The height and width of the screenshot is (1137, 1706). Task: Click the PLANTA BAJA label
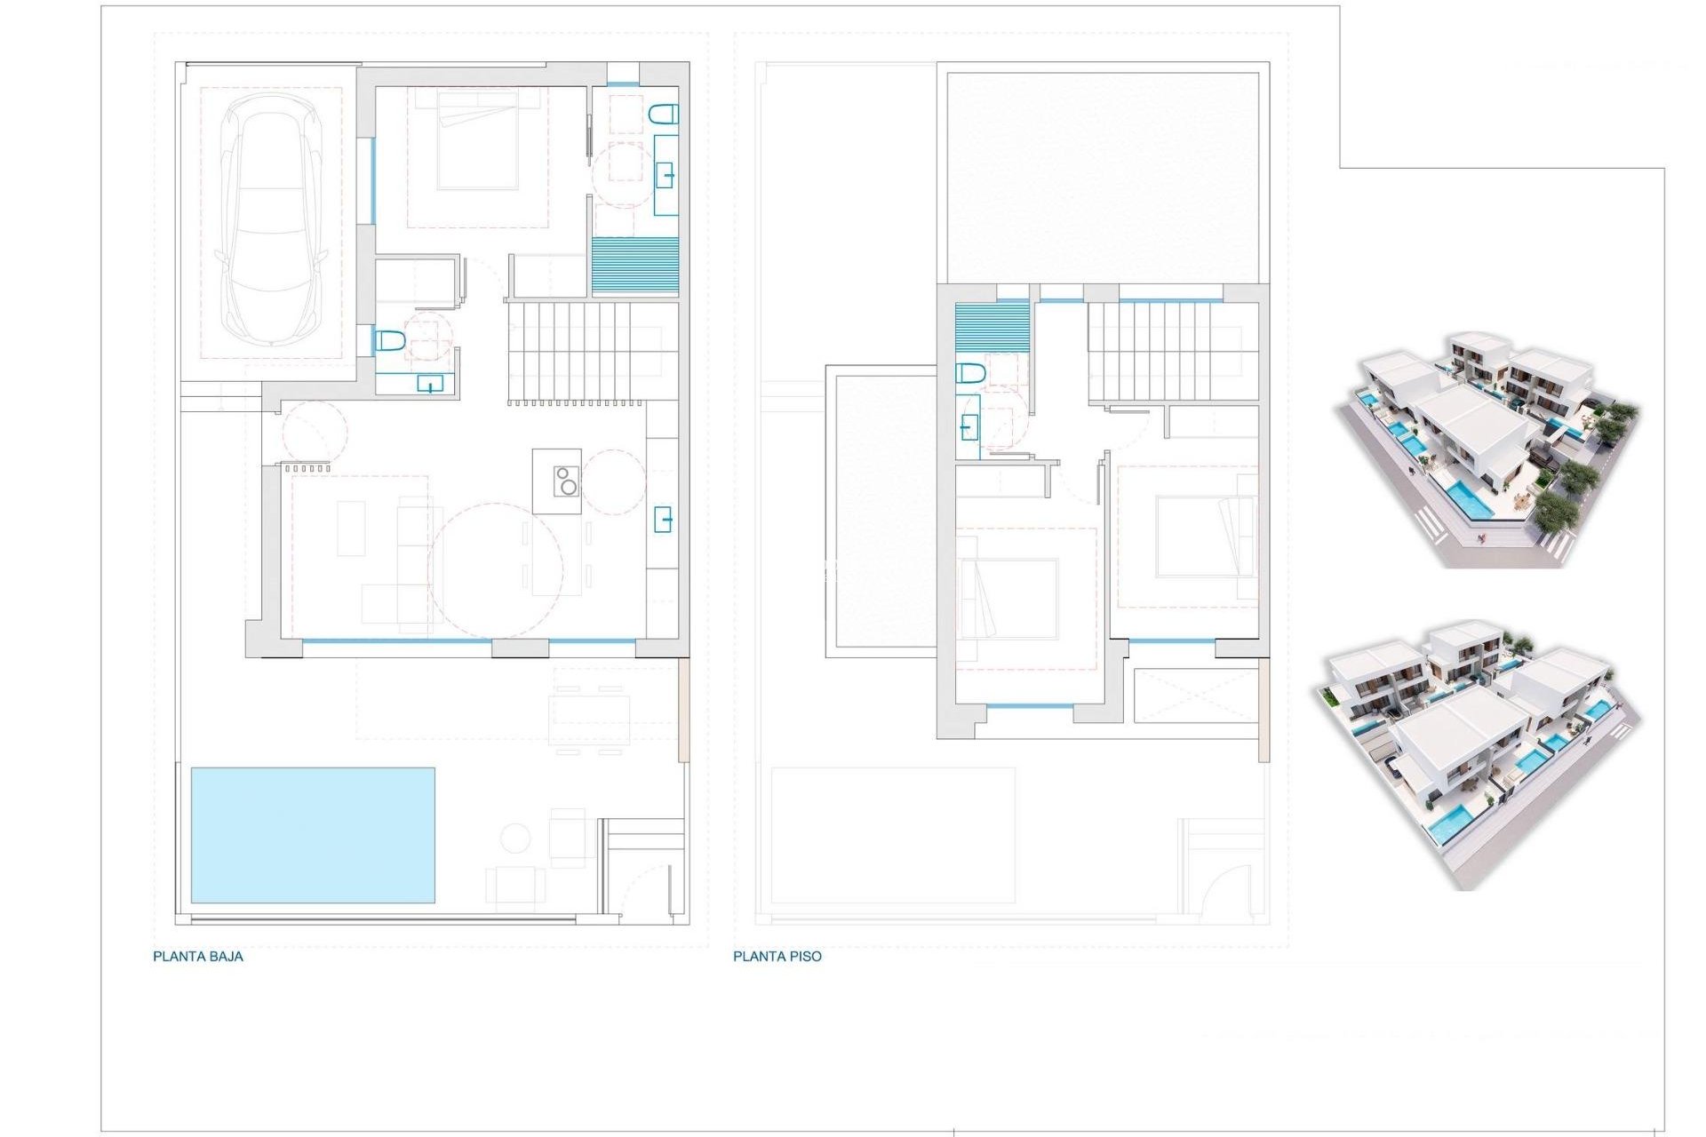[x=197, y=957]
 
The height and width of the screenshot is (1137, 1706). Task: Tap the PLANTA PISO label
[x=777, y=957]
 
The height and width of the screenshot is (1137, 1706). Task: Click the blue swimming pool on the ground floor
[x=313, y=835]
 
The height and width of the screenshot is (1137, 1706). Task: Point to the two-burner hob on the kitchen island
[x=566, y=481]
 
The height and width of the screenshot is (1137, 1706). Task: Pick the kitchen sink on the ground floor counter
[x=663, y=519]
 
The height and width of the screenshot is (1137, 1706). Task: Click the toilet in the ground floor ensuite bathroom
[x=664, y=114]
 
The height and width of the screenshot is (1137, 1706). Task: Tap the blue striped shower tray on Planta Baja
[x=634, y=266]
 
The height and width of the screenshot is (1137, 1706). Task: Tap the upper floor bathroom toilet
[x=970, y=373]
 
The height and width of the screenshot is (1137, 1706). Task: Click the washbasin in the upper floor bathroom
[x=969, y=428]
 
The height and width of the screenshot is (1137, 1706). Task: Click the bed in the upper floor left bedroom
[x=1008, y=599]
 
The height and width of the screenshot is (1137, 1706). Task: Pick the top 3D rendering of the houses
[x=1486, y=449]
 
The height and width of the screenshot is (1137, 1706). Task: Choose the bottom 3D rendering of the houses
[x=1475, y=753]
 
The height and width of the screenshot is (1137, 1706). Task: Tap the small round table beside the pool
[x=514, y=838]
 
